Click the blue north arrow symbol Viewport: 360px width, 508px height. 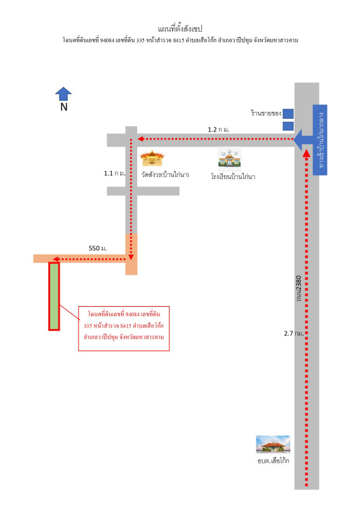click(x=63, y=93)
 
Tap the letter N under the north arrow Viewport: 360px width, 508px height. click(x=64, y=107)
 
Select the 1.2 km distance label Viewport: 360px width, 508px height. click(x=218, y=130)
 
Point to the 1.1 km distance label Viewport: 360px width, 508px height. click(x=114, y=173)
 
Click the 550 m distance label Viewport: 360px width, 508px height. click(x=98, y=248)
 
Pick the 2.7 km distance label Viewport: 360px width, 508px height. click(x=294, y=333)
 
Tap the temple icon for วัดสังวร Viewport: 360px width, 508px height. click(x=152, y=158)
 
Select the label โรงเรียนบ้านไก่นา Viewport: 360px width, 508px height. click(x=233, y=177)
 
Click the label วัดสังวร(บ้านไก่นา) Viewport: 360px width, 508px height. click(x=165, y=175)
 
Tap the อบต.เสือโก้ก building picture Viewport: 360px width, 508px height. click(x=273, y=444)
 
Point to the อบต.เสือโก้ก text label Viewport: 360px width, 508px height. click(x=273, y=460)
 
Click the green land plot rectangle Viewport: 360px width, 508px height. click(x=54, y=296)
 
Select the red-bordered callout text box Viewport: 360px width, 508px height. click(x=124, y=328)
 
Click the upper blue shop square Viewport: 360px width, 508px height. click(x=288, y=114)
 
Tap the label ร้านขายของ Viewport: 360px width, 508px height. click(x=266, y=113)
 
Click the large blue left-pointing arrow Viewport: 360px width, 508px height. click(x=303, y=140)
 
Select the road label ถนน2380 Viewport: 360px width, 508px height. click(x=299, y=288)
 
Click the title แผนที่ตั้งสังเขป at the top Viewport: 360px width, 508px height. click(x=180, y=29)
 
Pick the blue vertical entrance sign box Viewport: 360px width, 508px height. click(x=320, y=140)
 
